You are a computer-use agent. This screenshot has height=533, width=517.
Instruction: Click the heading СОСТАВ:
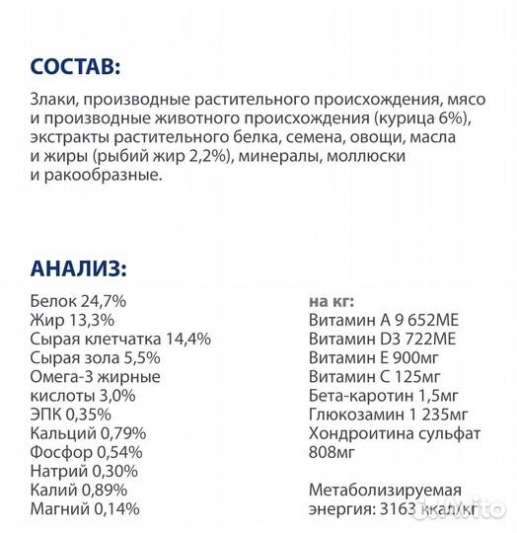pyautogui.click(x=74, y=67)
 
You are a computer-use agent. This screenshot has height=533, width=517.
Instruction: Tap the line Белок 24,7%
pyautogui.click(x=78, y=301)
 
